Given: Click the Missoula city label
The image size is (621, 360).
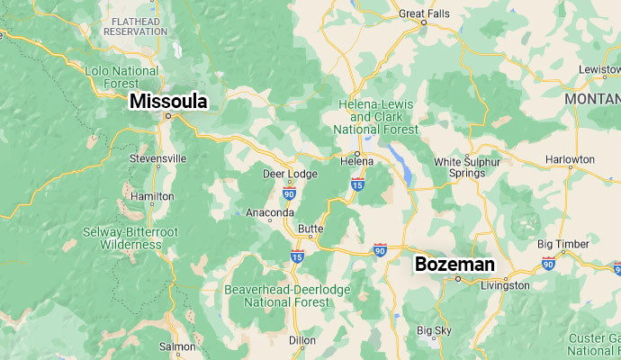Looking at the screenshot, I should (168, 101).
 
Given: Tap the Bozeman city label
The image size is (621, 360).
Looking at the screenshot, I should (454, 264).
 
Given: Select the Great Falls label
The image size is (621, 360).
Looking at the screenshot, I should (424, 13).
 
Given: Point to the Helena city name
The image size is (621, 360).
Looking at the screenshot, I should (356, 161).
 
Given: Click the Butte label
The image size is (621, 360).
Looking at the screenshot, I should (310, 229).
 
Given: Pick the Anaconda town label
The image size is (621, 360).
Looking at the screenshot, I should (270, 212).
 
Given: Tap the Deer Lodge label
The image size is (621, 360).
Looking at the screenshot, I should (285, 173).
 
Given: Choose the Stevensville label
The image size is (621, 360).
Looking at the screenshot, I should (158, 157).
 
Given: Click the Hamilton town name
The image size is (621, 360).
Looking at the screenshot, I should (153, 195).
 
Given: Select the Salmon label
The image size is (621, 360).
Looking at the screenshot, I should (177, 346).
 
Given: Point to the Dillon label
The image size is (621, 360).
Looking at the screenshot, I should (302, 340).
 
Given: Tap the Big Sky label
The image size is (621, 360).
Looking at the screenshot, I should (434, 330).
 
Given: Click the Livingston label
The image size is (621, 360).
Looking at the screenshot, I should (506, 285).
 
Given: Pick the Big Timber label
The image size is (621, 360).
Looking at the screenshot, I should (563, 244).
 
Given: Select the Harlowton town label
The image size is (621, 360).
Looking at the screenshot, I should (570, 159).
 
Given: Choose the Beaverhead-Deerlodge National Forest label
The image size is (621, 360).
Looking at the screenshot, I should (287, 295).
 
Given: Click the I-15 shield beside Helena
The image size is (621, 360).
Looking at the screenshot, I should (357, 184).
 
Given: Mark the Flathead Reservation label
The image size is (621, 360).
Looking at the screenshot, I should (135, 25).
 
